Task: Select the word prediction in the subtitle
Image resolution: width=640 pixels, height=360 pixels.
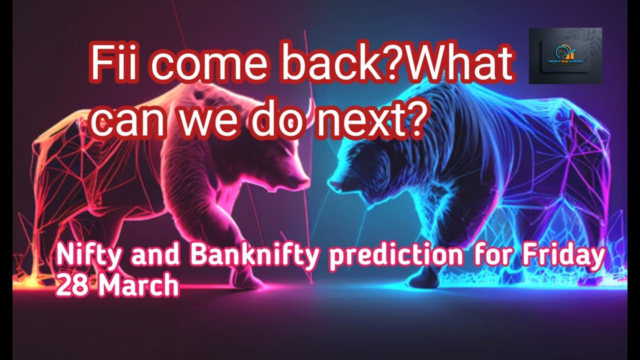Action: (x=394, y=255)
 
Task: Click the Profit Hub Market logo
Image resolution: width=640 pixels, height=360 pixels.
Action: (x=565, y=55)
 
